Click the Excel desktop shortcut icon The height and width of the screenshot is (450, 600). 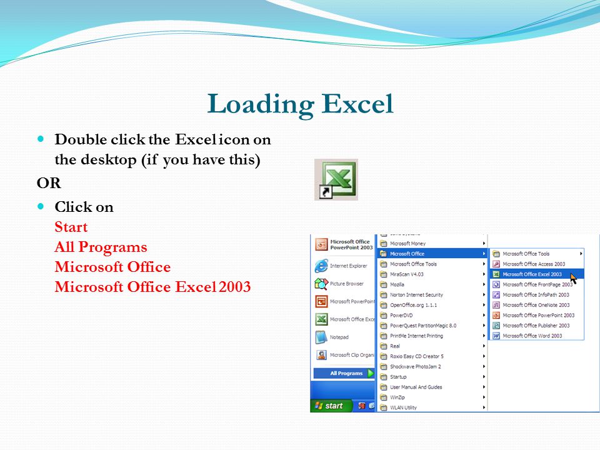tap(336, 179)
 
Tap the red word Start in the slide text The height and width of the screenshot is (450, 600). tap(71, 227)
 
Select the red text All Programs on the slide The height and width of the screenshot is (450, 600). tap(101, 247)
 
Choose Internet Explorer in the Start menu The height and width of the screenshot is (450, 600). tap(348, 266)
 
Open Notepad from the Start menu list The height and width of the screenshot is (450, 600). tap(339, 337)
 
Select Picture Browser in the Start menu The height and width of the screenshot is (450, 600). tap(346, 284)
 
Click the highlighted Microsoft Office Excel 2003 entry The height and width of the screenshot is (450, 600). tap(532, 274)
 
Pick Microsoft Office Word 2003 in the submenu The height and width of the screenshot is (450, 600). tap(532, 336)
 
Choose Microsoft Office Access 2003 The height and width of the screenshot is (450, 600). tap(533, 264)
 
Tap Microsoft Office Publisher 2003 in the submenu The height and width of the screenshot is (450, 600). tap(536, 326)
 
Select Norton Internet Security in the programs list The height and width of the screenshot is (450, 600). tap(416, 295)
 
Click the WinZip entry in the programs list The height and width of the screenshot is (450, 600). tap(398, 397)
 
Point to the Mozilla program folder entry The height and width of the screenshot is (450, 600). tap(397, 284)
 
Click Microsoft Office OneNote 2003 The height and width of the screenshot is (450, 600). tap(536, 305)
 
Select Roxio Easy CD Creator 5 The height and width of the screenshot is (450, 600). tap(416, 356)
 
